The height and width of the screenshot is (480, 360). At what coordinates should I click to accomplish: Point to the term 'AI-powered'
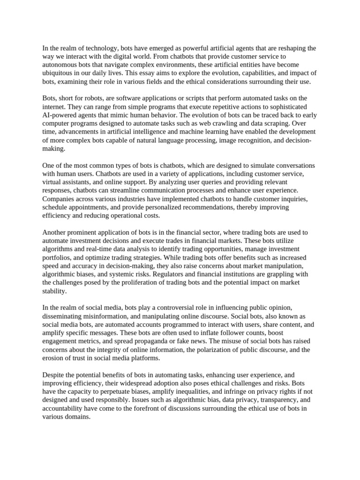coord(60,115)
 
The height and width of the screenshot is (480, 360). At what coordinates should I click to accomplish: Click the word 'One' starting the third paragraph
coord(49,165)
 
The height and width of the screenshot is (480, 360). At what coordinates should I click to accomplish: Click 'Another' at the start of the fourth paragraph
coord(55,232)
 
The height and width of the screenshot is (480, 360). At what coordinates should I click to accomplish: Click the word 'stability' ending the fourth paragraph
coord(54,291)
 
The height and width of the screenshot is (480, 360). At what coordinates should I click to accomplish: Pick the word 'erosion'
coord(53,358)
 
